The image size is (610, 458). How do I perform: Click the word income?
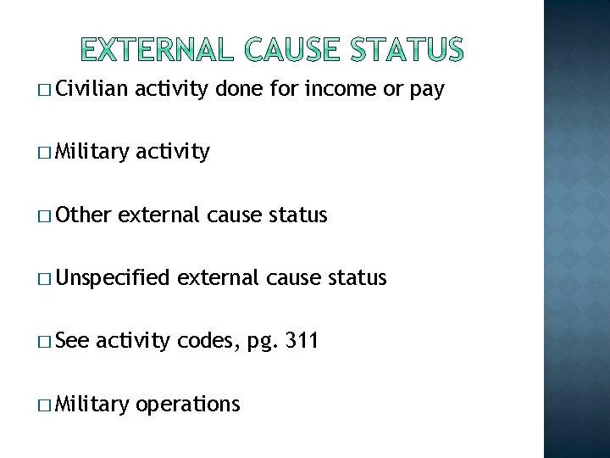[x=327, y=89]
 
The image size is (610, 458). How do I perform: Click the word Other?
[x=85, y=215]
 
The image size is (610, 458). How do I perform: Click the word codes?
[x=209, y=341]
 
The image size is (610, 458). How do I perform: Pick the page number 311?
[x=301, y=341]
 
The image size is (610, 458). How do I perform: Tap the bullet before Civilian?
[x=43, y=90]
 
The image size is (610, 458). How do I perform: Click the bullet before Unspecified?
[x=43, y=278]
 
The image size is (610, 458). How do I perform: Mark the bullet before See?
[x=43, y=342]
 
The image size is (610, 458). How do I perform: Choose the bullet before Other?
[x=43, y=215]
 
